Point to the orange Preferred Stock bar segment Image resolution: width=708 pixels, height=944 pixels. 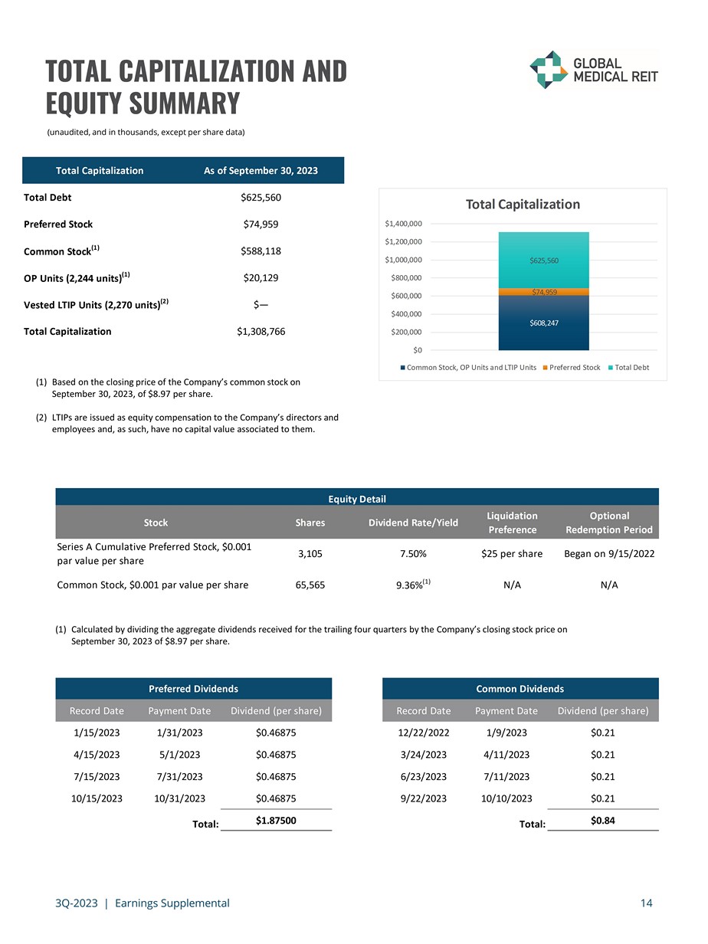point(544,292)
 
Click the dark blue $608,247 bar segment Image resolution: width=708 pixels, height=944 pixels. point(544,322)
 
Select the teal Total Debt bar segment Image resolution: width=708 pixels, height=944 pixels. point(544,261)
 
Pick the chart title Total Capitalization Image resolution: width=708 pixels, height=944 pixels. point(523,204)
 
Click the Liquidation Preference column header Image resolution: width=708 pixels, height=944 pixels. point(512,523)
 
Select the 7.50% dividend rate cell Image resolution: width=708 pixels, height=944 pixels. point(412,553)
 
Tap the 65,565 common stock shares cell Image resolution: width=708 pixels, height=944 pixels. point(310,585)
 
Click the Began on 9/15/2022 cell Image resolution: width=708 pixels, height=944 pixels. point(609,553)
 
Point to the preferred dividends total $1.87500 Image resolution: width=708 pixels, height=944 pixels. point(275,821)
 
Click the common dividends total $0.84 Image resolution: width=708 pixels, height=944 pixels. point(603,821)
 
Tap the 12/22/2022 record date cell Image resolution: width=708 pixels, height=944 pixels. point(423,733)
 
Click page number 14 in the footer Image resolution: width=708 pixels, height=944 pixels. point(646,903)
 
